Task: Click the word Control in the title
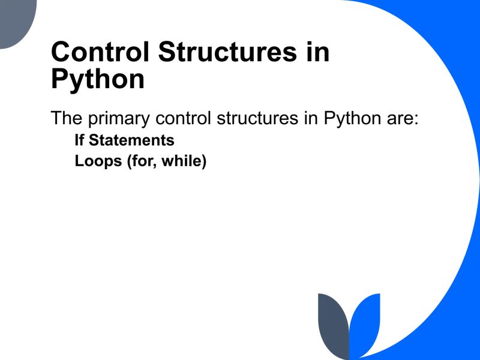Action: click(99, 53)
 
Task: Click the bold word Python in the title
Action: click(98, 80)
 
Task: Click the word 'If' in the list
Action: click(80, 140)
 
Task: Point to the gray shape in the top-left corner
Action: click(17, 21)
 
